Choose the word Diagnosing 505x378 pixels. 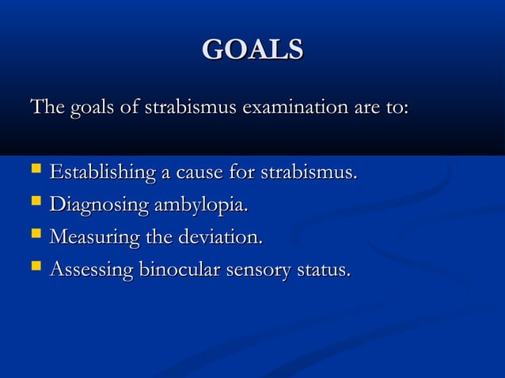(x=98, y=206)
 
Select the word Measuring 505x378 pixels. (x=93, y=238)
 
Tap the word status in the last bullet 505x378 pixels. (x=323, y=270)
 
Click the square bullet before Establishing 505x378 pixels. (x=35, y=172)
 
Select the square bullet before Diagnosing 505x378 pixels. (x=35, y=204)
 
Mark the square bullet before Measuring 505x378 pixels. (x=35, y=236)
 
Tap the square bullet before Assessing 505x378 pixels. (x=35, y=269)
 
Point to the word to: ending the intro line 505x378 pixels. (x=396, y=107)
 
